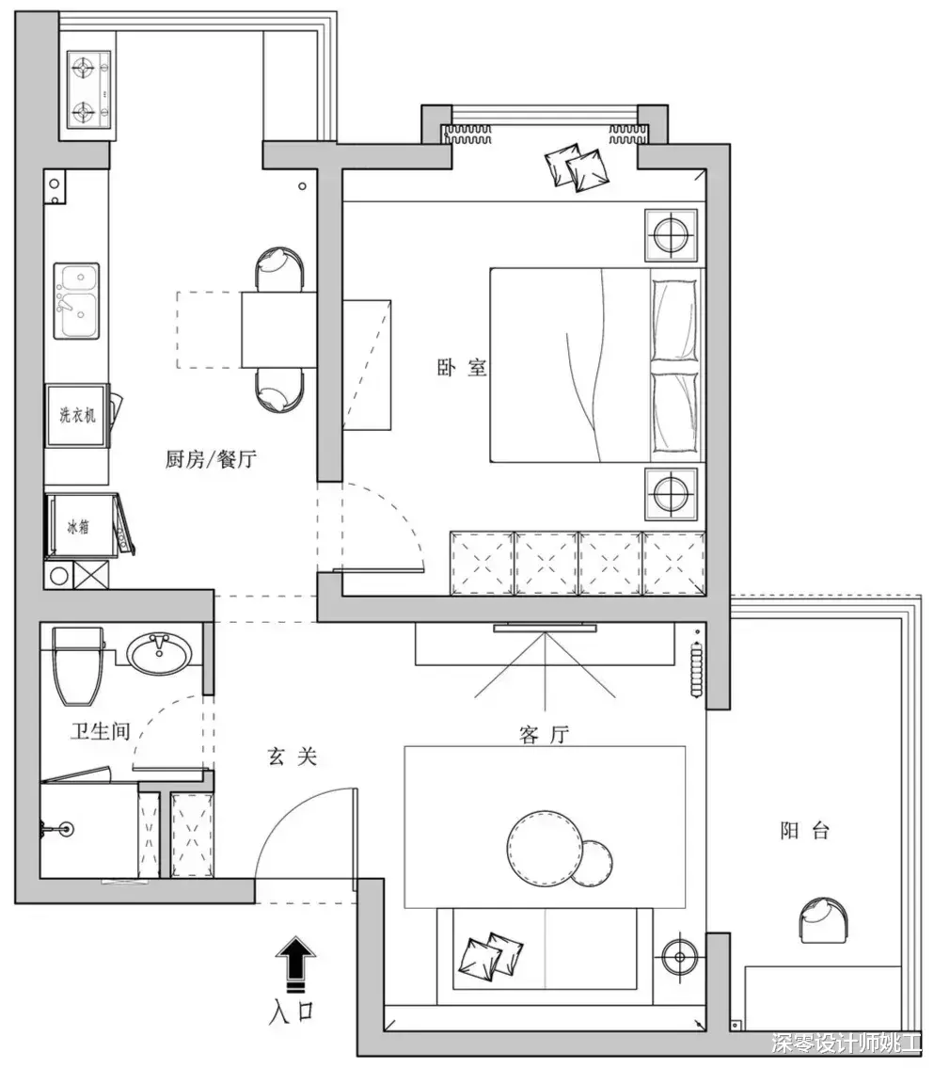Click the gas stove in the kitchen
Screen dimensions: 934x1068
coord(89,89)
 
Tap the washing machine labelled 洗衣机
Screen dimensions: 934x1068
coord(77,415)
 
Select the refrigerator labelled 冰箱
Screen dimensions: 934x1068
coord(80,525)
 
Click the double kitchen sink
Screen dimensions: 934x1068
coord(77,300)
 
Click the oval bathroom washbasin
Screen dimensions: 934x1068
coord(160,652)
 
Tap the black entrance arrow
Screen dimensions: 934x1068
coord(294,963)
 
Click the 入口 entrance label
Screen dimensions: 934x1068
coord(292,1012)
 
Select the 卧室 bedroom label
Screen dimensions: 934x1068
coord(462,368)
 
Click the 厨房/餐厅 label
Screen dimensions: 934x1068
coord(211,459)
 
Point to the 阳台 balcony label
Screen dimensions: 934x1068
coord(804,830)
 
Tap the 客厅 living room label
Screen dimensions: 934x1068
coord(544,734)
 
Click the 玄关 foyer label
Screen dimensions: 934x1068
coord(292,756)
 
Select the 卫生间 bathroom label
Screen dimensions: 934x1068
coord(100,731)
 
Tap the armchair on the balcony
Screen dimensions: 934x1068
coord(822,919)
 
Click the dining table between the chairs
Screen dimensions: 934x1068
coord(279,329)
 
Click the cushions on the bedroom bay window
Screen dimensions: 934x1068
coord(578,167)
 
